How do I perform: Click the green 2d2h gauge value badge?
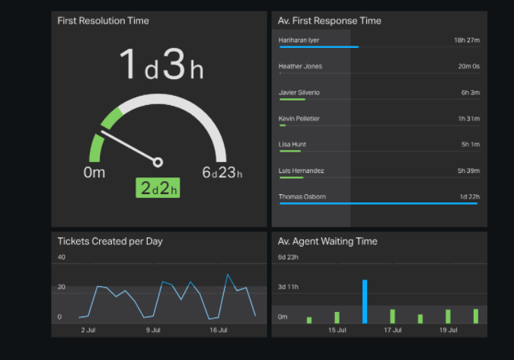tap(158, 188)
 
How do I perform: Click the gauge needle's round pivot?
tap(158, 161)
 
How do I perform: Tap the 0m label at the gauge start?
tap(94, 173)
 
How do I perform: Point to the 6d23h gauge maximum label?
tap(222, 173)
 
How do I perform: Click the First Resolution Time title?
tap(103, 21)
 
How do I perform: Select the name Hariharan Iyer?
tap(300, 40)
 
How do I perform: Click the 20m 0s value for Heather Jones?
tap(468, 66)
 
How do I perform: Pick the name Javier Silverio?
tap(299, 92)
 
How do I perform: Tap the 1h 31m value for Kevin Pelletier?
tap(468, 119)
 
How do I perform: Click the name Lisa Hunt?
tap(293, 145)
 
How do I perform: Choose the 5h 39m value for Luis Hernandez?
tap(468, 170)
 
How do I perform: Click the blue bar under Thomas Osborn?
tap(378, 204)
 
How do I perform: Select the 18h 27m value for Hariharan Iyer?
tap(466, 40)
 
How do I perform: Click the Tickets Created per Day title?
tap(110, 241)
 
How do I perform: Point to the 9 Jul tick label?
tap(152, 330)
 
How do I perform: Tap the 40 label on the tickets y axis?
tap(62, 257)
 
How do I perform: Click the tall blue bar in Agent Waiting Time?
tap(365, 301)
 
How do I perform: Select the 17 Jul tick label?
tap(392, 330)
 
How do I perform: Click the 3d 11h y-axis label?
tap(288, 287)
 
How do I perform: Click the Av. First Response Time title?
tap(330, 21)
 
